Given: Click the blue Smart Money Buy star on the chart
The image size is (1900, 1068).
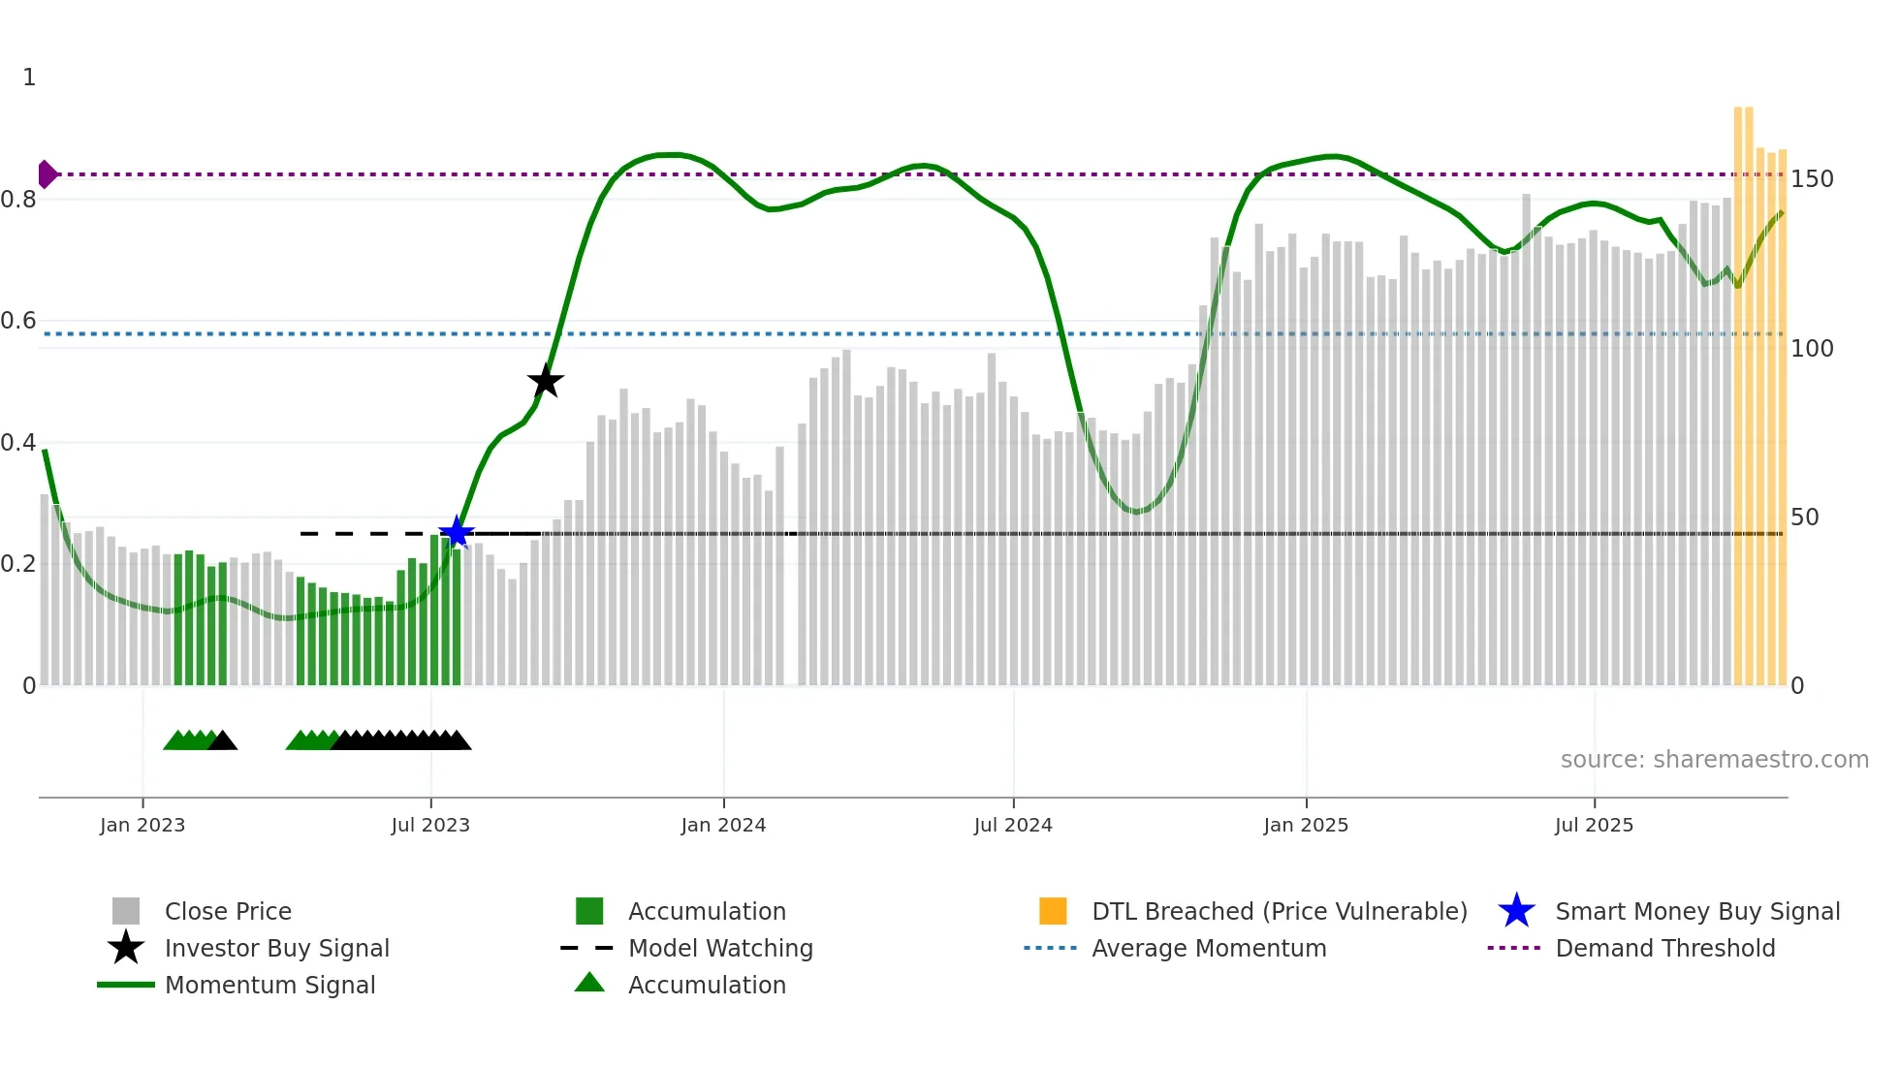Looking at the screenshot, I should pos(456,532).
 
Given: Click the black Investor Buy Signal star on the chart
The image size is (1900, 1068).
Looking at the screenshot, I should pos(546,381).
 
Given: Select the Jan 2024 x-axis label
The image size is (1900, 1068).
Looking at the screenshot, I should pos(723,825).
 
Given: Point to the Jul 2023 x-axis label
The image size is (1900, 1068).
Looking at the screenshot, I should pos(430,825).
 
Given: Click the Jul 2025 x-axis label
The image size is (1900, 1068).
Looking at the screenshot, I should pos(1594,825).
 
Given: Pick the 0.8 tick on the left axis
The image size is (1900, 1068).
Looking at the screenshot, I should pos(19,200).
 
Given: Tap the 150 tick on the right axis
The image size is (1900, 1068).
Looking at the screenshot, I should pos(1812,179).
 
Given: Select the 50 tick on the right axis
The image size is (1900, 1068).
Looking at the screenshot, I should pos(1805,517).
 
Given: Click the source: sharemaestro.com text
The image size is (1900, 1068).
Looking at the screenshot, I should pos(1714,760).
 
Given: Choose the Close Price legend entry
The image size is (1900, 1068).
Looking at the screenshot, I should pos(228,911).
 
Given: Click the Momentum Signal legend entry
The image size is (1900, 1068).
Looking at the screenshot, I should pos(269,985).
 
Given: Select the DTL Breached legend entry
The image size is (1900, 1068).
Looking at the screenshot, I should pos(1279,911).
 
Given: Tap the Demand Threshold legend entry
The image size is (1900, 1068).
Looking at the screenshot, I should pos(1664,948).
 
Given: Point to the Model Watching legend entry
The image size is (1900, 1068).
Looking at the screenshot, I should pos(720,948).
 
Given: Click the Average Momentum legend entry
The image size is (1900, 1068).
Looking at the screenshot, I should pos(1209,948).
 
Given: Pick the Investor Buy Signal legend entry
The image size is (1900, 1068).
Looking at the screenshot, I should pos(276,948).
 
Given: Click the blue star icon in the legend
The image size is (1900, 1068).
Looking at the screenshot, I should pos(1516,911).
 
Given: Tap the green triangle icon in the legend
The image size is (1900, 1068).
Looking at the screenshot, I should pos(589,983).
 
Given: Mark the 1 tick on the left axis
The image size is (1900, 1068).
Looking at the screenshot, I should pos(29,78).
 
